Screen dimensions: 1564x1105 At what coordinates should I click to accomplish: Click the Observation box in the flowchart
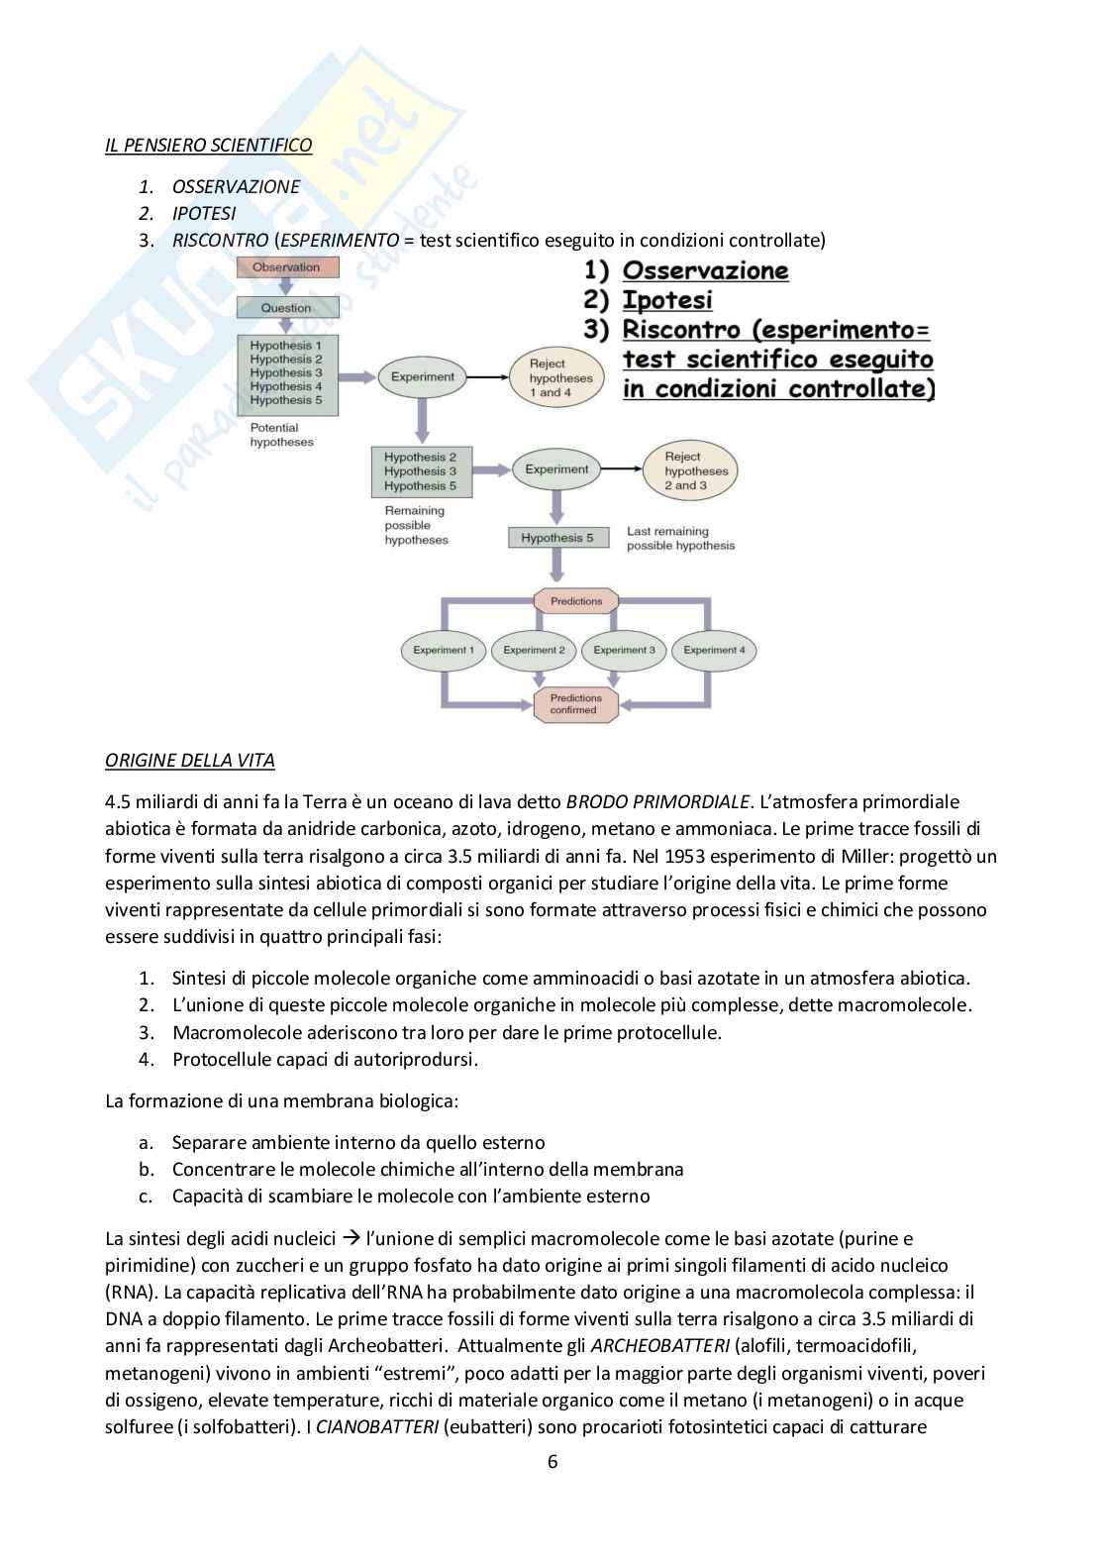coord(286,267)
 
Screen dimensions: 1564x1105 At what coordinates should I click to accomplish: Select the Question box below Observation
coord(286,308)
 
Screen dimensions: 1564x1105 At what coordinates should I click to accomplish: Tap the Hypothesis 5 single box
coord(556,538)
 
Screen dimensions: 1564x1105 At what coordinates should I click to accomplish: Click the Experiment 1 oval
coord(443,651)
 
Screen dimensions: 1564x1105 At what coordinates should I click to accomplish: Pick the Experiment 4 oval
coord(714,651)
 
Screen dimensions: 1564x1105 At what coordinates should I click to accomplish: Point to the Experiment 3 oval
coord(624,651)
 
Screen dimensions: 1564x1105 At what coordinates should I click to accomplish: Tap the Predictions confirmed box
coord(575,704)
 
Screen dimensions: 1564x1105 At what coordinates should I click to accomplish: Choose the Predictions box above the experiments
coord(575,601)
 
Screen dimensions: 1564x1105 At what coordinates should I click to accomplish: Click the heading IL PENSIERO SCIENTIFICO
coord(208,146)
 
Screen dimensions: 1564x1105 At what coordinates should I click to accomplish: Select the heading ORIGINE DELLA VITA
coord(190,761)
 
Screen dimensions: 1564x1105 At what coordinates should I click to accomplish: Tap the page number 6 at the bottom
coord(552,1462)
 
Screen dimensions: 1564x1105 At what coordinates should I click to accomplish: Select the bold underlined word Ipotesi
coord(666,300)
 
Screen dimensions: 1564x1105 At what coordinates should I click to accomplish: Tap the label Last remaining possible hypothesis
coord(680,539)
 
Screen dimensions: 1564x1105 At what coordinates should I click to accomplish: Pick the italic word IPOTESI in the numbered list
coord(204,213)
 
